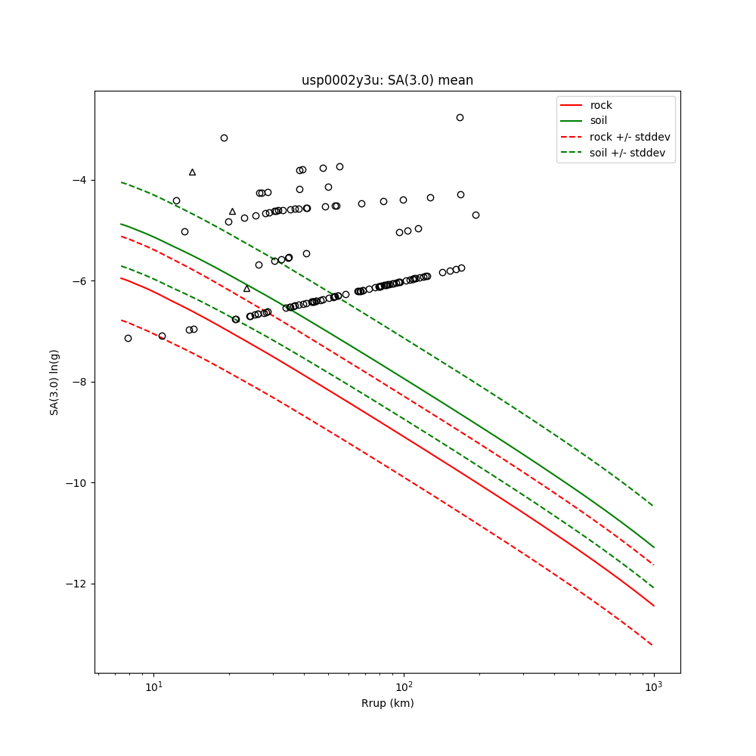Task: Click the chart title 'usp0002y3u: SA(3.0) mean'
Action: (387, 80)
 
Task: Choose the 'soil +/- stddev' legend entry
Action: (627, 153)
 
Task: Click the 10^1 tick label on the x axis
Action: (154, 686)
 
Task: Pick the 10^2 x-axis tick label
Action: (404, 686)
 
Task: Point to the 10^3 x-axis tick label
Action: (653, 686)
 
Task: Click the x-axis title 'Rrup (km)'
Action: (387, 703)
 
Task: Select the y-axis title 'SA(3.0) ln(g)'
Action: (54, 382)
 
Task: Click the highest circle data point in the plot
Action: (460, 117)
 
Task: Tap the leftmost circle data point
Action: (128, 338)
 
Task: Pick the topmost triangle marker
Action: (192, 172)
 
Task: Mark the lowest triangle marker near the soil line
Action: (246, 289)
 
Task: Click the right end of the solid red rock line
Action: (653, 606)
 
